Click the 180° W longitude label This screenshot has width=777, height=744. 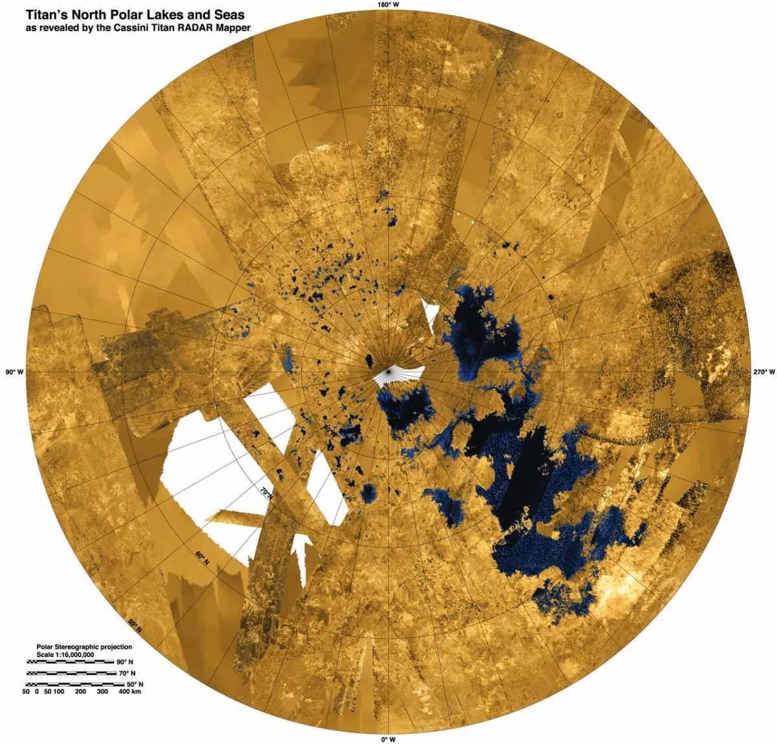(x=388, y=5)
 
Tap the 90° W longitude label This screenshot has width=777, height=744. (x=14, y=372)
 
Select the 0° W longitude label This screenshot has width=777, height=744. (x=388, y=739)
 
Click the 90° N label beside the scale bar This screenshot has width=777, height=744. (x=125, y=662)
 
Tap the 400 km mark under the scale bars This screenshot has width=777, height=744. (x=130, y=692)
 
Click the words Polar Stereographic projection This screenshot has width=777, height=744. (x=84, y=647)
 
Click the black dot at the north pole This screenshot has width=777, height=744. (x=388, y=372)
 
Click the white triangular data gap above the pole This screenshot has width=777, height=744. (x=429, y=313)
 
